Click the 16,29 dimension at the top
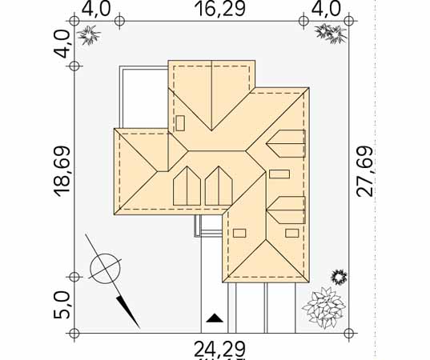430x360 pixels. (x=219, y=9)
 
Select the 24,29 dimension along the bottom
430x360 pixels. (x=219, y=350)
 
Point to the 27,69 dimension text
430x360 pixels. (x=364, y=172)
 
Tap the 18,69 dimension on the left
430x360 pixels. (x=62, y=172)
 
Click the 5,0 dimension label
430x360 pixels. (x=62, y=306)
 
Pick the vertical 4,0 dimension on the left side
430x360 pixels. (x=62, y=44)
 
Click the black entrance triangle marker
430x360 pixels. (x=215, y=318)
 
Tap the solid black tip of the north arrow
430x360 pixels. (x=128, y=312)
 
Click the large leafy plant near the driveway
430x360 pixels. (x=324, y=308)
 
